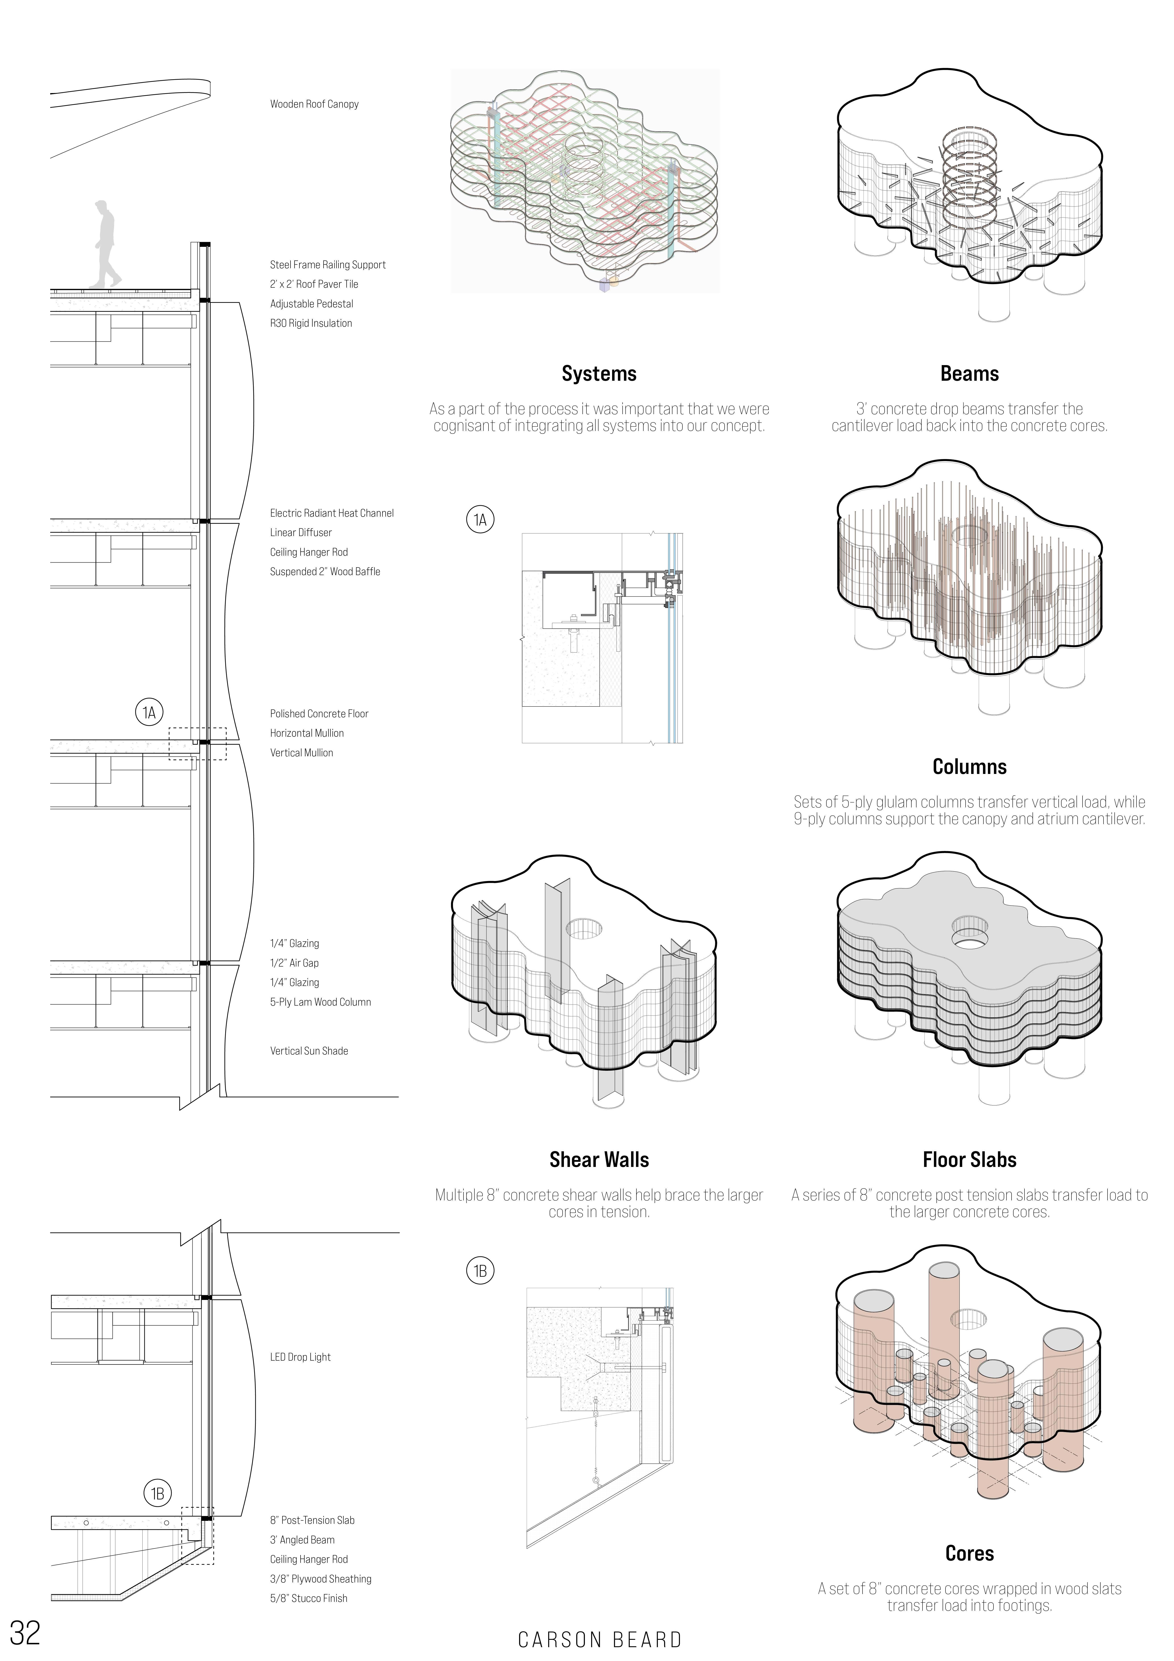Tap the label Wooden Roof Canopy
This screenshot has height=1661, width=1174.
pyautogui.click(x=314, y=104)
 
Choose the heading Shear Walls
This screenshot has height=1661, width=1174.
pyautogui.click(x=599, y=1160)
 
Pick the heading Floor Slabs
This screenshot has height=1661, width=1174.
pyautogui.click(x=969, y=1160)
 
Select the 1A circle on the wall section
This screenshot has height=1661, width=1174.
pyautogui.click(x=149, y=713)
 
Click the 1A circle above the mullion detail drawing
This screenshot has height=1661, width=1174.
pyautogui.click(x=480, y=520)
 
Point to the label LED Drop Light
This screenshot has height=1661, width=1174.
pyautogui.click(x=300, y=1357)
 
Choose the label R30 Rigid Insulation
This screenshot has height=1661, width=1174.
pyautogui.click(x=311, y=323)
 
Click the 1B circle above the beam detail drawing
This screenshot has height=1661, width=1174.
pyautogui.click(x=480, y=1270)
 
